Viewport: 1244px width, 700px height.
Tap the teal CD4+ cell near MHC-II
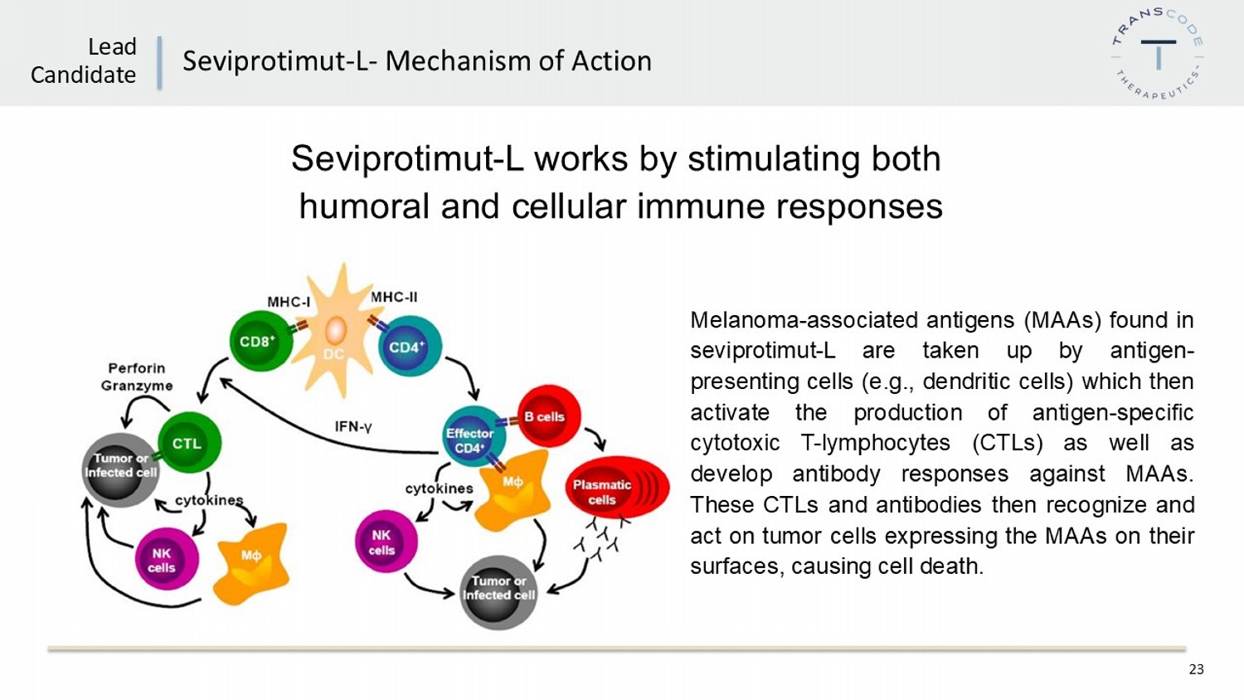pyautogui.click(x=410, y=347)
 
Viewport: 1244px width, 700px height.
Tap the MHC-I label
pyautogui.click(x=289, y=302)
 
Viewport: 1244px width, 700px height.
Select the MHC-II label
pyautogui.click(x=394, y=297)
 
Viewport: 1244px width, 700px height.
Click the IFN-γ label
pyautogui.click(x=353, y=427)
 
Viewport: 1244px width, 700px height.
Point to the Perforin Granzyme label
pyautogui.click(x=137, y=377)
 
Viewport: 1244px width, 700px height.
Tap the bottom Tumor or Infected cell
pyautogui.click(x=498, y=591)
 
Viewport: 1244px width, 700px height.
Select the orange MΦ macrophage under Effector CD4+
pyautogui.click(x=514, y=491)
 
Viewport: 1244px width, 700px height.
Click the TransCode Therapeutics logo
pyautogui.click(x=1158, y=54)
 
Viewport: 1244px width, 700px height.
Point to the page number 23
pyautogui.click(x=1196, y=669)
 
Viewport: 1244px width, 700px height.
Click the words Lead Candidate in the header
pyautogui.click(x=84, y=61)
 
